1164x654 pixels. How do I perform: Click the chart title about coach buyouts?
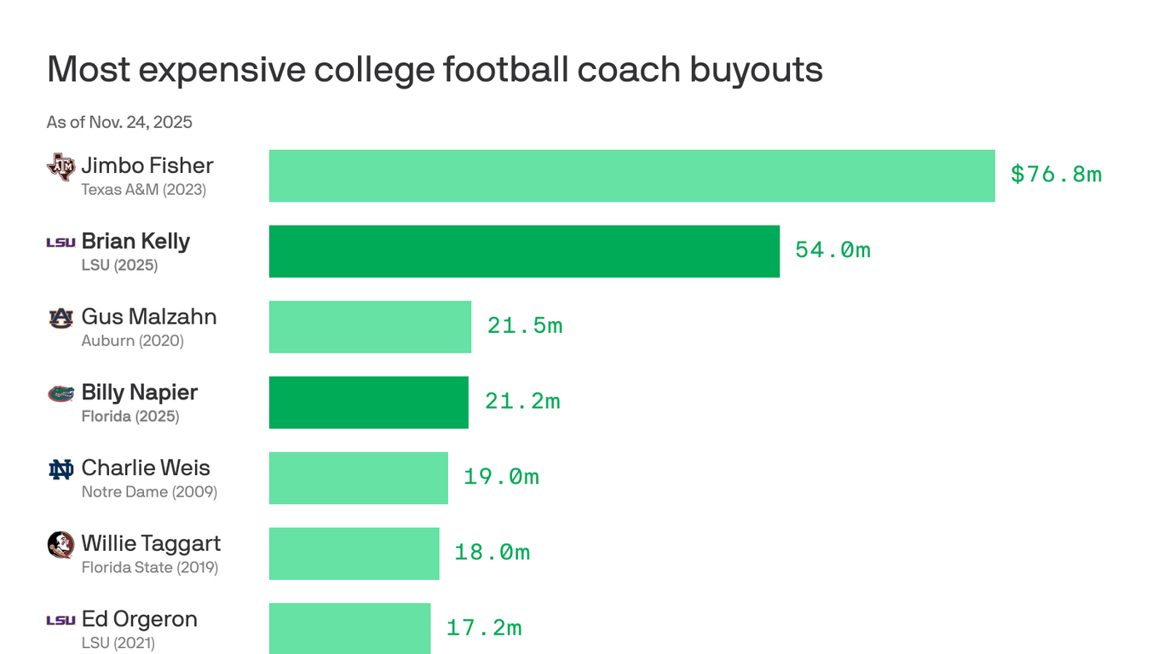(x=435, y=69)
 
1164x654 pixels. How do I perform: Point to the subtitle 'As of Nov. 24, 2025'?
(x=119, y=122)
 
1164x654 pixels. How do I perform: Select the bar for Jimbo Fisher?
(x=631, y=175)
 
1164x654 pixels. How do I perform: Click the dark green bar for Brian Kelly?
(x=524, y=251)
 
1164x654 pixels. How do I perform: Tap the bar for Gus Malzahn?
(x=370, y=327)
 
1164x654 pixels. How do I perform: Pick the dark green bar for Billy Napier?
(x=368, y=402)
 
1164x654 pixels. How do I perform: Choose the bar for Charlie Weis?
(x=358, y=478)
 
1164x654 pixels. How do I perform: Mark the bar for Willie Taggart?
(x=354, y=554)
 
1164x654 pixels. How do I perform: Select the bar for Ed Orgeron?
(x=349, y=628)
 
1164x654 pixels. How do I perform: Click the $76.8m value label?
(x=1056, y=175)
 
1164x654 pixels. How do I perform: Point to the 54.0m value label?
(x=833, y=250)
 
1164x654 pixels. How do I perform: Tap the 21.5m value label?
(x=525, y=326)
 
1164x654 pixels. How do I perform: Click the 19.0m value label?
(x=501, y=477)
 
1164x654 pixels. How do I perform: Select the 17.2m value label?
(x=484, y=628)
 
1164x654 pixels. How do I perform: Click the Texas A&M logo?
(x=61, y=167)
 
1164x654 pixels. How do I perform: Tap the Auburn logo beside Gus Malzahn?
(x=61, y=318)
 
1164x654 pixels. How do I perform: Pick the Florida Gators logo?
(x=61, y=393)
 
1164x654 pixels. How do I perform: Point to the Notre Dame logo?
(x=61, y=469)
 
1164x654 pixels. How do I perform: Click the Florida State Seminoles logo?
(x=61, y=545)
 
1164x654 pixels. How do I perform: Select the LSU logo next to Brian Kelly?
(x=61, y=243)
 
